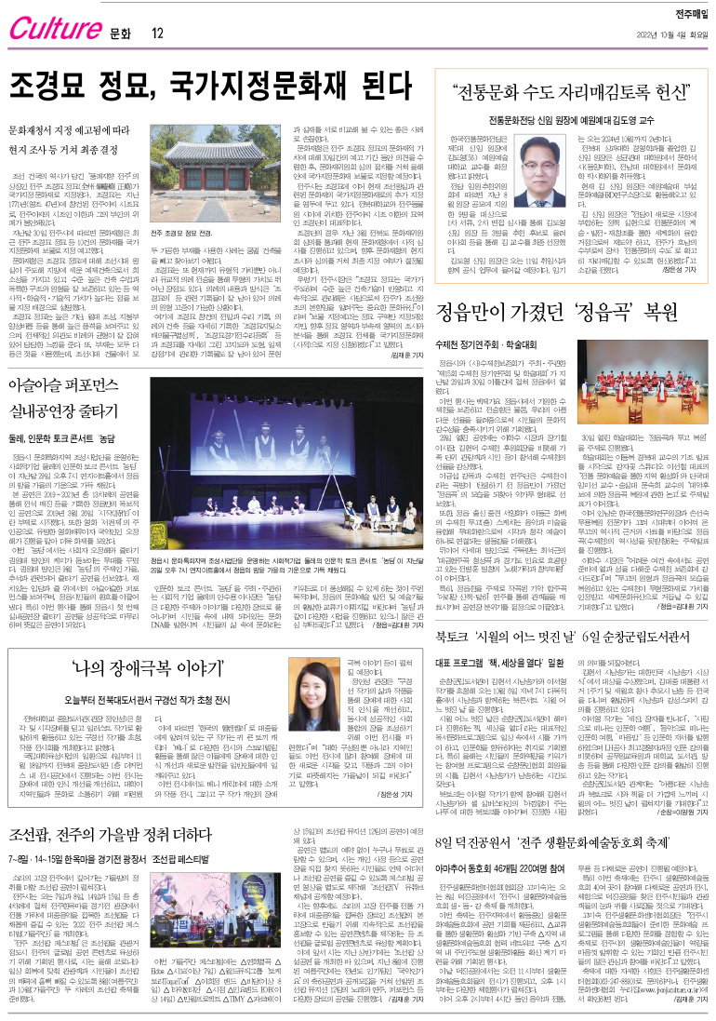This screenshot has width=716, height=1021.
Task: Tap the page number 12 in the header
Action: pyautogui.click(x=157, y=34)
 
